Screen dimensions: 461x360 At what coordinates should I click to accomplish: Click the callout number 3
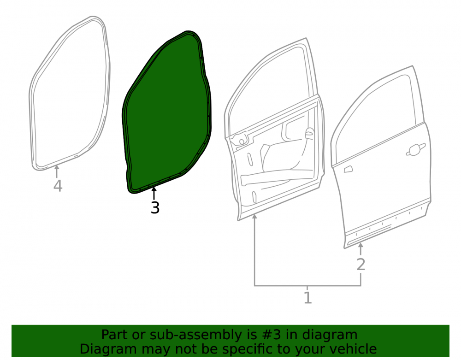coord(155,207)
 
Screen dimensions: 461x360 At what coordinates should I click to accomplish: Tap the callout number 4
coord(58,186)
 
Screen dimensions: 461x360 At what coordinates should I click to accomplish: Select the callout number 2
coord(361,265)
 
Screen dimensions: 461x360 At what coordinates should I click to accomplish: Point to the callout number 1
coord(307,298)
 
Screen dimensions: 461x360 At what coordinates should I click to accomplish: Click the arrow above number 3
coord(154,194)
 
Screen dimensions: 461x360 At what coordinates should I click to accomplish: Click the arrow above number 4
coord(57,171)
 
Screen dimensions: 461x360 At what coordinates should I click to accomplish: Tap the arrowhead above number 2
coord(361,245)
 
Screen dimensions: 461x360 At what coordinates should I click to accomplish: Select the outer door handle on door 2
coord(415,150)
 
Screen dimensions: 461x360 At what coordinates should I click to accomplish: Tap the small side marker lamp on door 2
coord(348,169)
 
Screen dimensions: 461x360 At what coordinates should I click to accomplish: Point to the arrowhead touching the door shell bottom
coord(254,217)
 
